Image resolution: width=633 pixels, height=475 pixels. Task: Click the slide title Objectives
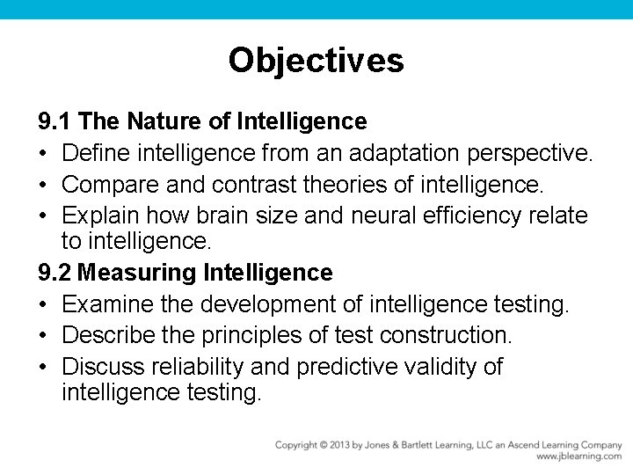pyautogui.click(x=316, y=61)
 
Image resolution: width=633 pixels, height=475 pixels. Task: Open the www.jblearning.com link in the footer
pyautogui.click(x=578, y=457)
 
